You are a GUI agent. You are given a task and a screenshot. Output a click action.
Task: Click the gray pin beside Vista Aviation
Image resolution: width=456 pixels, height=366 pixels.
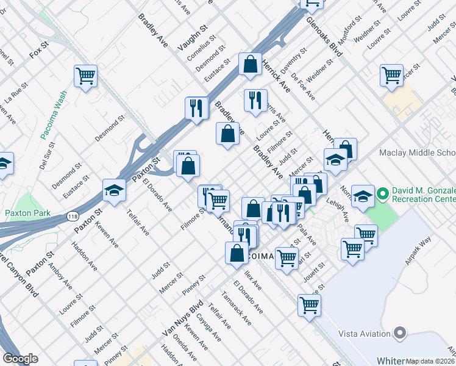click(x=400, y=333)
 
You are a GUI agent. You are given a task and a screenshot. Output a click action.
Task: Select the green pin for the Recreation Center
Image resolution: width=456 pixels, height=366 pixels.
click(x=383, y=195)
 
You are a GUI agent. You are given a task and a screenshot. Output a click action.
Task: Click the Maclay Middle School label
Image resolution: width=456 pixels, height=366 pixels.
click(x=417, y=152)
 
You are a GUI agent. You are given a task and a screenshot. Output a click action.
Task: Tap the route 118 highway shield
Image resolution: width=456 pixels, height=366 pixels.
click(x=73, y=216)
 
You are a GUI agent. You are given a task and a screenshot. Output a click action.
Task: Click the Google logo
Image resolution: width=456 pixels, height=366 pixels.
click(x=20, y=359)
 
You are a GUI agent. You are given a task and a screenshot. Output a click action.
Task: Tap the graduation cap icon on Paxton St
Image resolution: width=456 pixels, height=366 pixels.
click(x=114, y=190)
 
